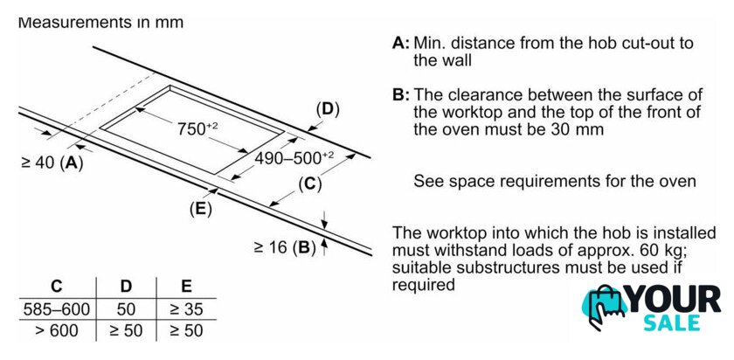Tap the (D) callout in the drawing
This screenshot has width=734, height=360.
[x=327, y=109]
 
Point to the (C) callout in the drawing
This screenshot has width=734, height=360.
[x=309, y=183]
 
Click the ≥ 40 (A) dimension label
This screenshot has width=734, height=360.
[x=52, y=163]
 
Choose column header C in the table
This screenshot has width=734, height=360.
[x=56, y=286]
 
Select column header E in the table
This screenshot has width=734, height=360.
[x=185, y=286]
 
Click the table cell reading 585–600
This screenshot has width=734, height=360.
[x=56, y=308]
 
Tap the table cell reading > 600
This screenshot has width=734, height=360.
[x=56, y=330]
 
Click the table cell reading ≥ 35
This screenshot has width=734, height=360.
[x=185, y=308]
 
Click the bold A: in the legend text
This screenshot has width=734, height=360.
[x=401, y=42]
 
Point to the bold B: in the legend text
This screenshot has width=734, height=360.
[x=401, y=94]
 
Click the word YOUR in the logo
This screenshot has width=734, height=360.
[x=675, y=300]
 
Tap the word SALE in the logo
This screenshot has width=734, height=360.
[x=674, y=323]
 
